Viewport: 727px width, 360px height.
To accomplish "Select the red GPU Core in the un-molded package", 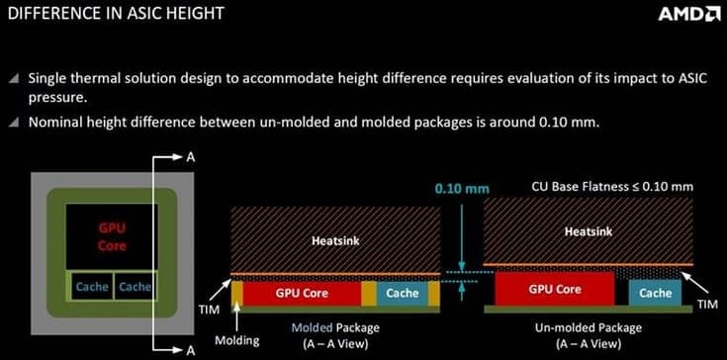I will pos(555,290).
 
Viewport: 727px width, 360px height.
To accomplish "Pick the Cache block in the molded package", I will pos(402,293).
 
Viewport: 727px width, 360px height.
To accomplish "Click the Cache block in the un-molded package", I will pos(656,293).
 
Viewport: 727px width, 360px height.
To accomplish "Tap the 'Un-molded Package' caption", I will pos(589,327).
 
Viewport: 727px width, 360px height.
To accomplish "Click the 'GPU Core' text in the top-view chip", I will pos(112,235).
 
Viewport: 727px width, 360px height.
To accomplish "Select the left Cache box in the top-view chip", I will pos(92,286).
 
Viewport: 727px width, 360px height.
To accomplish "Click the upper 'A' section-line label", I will pos(190,156).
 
